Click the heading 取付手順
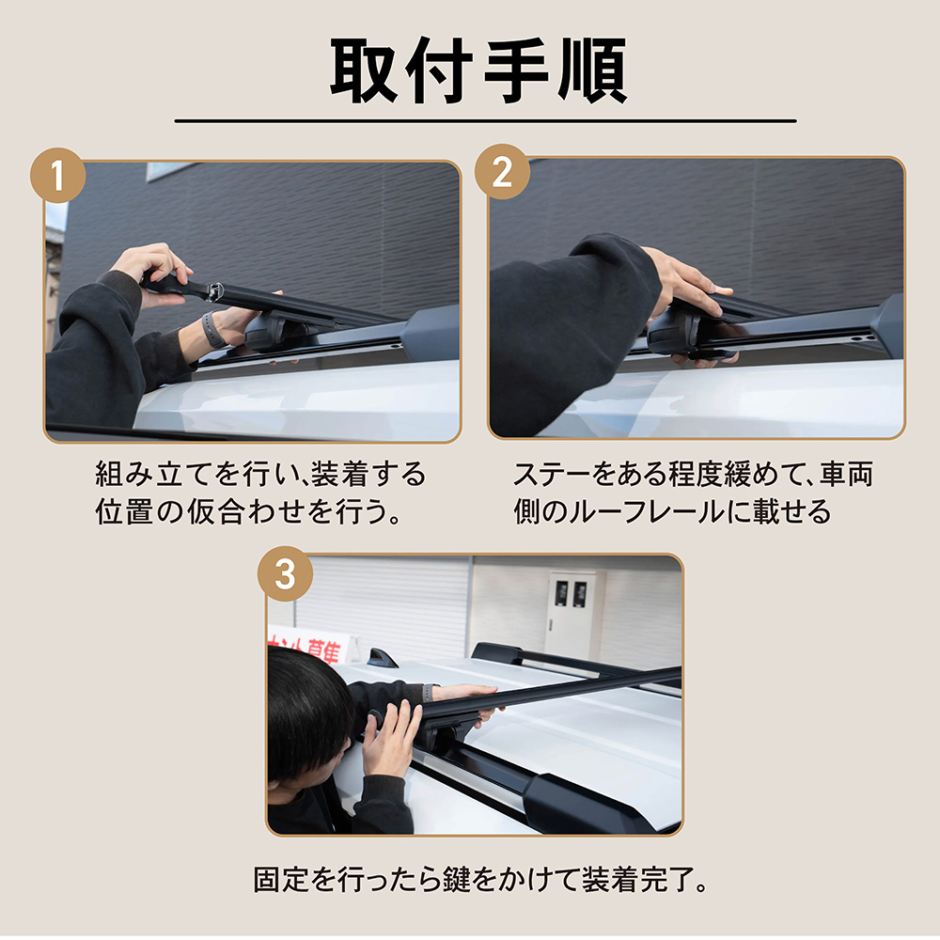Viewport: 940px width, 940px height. pyautogui.click(x=478, y=70)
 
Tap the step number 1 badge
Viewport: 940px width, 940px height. pyautogui.click(x=57, y=175)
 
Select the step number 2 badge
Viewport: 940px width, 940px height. pyautogui.click(x=502, y=172)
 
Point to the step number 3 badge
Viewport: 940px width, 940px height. pyautogui.click(x=285, y=573)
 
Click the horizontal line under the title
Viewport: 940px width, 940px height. pyautogui.click(x=486, y=121)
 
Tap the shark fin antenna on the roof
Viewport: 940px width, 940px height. pyautogui.click(x=382, y=657)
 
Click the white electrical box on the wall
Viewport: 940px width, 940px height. pyautogui.click(x=572, y=615)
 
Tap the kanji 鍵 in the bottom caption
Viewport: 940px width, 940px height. pyautogui.click(x=456, y=880)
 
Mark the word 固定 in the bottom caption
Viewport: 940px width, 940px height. pyautogui.click(x=281, y=880)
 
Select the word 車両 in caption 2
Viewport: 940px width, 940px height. pyautogui.click(x=847, y=474)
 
